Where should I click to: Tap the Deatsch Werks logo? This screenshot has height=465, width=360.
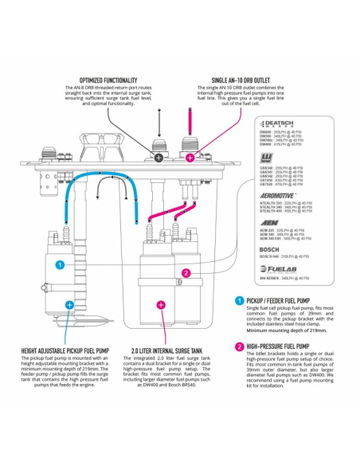click(279, 125)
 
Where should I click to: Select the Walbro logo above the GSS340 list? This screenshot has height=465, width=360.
click(265, 160)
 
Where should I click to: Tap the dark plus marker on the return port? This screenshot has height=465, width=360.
click(158, 158)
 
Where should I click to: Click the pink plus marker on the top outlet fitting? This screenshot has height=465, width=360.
click(190, 158)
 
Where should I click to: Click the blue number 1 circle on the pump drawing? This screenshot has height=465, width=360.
click(59, 264)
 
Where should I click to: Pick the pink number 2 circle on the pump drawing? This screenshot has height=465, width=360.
click(186, 273)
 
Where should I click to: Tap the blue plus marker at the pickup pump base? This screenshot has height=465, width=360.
click(69, 304)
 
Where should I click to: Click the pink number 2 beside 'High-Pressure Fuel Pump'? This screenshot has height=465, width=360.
click(240, 347)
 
